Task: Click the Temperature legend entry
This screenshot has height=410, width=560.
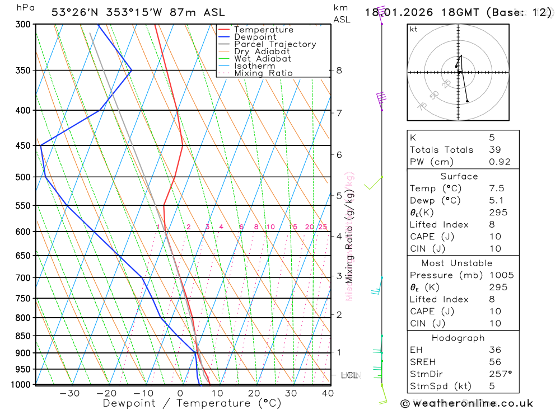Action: click(x=263, y=30)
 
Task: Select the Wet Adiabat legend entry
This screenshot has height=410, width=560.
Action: click(x=262, y=59)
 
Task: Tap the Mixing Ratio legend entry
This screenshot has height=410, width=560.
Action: click(x=263, y=73)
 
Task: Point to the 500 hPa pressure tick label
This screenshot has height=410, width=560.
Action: click(x=23, y=177)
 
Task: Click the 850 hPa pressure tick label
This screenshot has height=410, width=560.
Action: click(x=23, y=336)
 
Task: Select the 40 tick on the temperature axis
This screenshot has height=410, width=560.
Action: click(x=328, y=393)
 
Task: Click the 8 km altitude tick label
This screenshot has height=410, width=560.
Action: click(x=339, y=70)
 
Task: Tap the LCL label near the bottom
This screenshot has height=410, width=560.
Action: click(x=348, y=375)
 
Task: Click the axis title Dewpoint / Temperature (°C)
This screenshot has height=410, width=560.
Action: click(x=192, y=403)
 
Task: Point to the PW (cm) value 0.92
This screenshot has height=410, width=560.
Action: click(x=500, y=162)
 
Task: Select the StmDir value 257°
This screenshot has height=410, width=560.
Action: click(x=500, y=374)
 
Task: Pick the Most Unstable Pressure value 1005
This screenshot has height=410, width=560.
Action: click(x=501, y=275)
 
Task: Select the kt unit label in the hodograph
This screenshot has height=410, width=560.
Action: click(x=414, y=29)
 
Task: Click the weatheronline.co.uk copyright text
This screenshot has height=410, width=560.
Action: click(x=466, y=403)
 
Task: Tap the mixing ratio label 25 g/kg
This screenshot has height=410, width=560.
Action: click(x=323, y=227)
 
